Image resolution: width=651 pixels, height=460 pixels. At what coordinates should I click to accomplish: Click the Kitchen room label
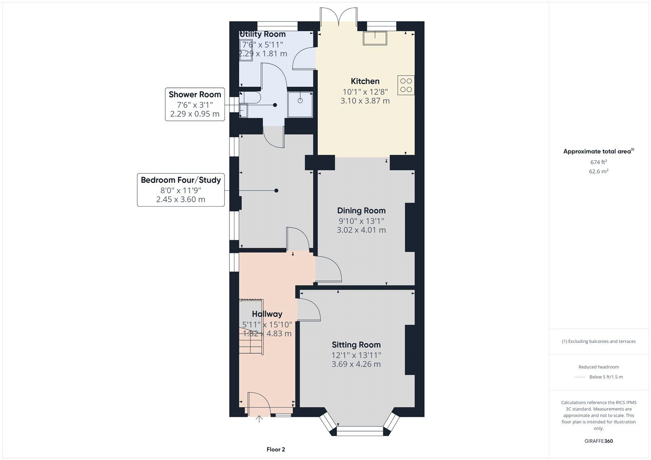[x=365, y=81]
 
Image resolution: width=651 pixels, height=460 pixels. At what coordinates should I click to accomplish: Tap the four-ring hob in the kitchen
[x=406, y=85]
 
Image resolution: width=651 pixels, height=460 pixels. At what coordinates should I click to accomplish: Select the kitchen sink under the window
[x=375, y=38]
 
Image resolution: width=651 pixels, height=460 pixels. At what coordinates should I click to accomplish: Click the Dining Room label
[x=361, y=210]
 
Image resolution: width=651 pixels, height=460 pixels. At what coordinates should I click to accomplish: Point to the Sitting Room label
[x=356, y=344]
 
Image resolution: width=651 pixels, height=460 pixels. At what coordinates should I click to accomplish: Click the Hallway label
[x=267, y=314]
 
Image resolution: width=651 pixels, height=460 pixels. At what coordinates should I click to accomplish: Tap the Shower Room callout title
[x=195, y=94]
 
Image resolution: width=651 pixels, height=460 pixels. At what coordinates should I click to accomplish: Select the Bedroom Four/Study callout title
[x=181, y=180]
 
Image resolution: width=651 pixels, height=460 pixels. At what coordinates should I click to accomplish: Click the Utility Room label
[x=262, y=34]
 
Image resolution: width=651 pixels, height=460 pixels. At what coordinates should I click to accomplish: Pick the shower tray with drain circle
[x=300, y=105]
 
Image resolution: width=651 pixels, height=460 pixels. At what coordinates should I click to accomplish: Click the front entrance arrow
[x=259, y=419]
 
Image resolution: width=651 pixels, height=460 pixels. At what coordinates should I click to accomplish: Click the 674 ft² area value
[x=599, y=162]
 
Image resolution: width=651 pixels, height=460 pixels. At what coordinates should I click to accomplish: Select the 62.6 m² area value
[x=599, y=171]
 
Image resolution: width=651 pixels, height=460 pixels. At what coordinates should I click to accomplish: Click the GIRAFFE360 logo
[x=599, y=441]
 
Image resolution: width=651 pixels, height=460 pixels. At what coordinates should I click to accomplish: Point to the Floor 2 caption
[x=275, y=449]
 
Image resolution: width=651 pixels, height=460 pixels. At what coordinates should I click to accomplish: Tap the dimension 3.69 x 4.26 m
[x=356, y=364]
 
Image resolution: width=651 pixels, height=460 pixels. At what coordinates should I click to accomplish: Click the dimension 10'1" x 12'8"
[x=365, y=92]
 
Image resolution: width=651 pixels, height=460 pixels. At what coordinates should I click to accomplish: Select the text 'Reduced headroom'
[x=599, y=367]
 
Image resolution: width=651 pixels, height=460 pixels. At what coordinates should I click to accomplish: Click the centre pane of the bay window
[x=360, y=431]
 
